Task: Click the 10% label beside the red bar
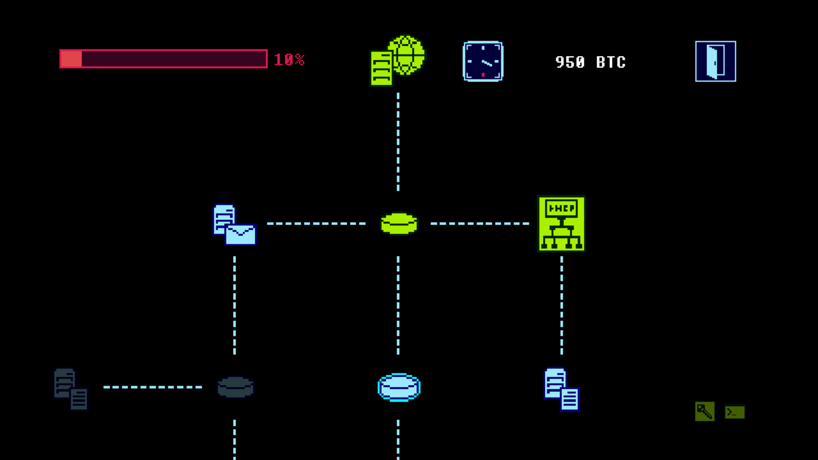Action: click(x=289, y=60)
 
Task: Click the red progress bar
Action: click(x=164, y=59)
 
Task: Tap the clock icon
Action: click(x=483, y=61)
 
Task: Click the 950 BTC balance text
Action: click(x=590, y=62)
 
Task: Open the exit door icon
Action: click(x=715, y=61)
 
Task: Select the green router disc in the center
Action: click(x=399, y=224)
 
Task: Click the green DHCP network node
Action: click(x=562, y=224)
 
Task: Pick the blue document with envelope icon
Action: click(x=234, y=224)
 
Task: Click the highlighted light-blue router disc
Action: click(x=399, y=387)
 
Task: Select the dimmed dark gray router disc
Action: click(x=235, y=387)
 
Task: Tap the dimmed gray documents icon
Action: click(x=71, y=389)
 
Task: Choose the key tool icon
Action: click(x=704, y=411)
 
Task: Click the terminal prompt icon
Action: click(x=734, y=412)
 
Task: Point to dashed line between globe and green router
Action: click(x=398, y=142)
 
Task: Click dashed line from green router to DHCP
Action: click(x=480, y=223)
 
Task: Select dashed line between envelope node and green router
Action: click(x=316, y=223)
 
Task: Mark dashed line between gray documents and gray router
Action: click(x=153, y=387)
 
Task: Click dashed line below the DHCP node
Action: click(x=562, y=305)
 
